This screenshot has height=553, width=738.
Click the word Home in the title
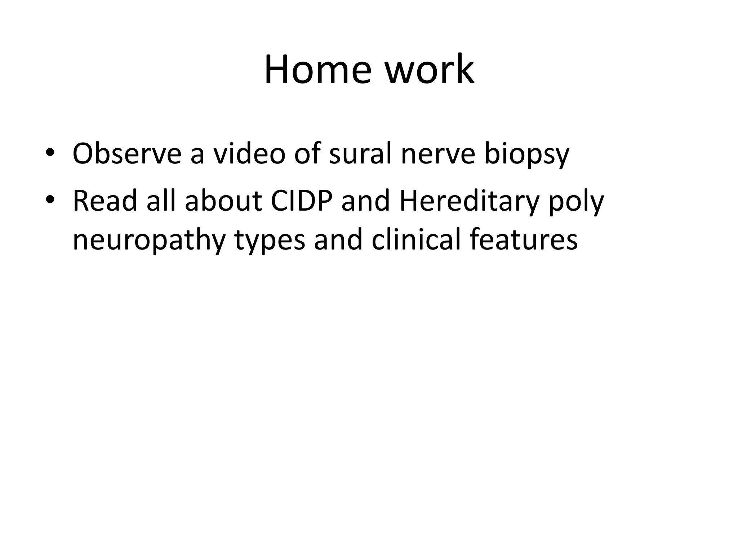coord(317,69)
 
